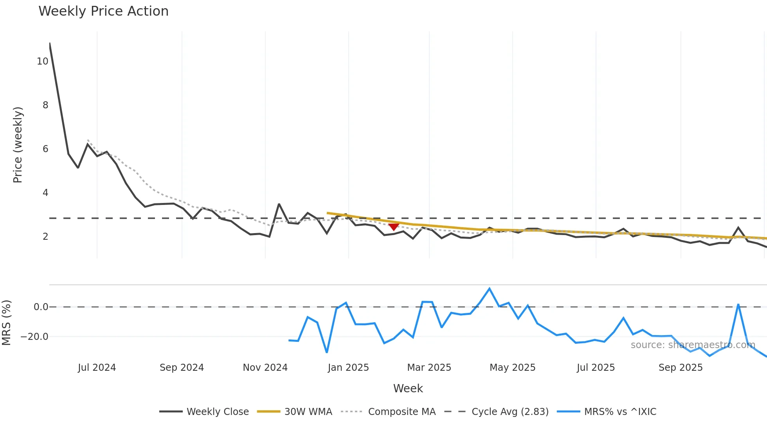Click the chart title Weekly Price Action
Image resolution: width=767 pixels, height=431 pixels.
click(x=103, y=11)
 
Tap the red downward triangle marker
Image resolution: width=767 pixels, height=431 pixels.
click(x=394, y=227)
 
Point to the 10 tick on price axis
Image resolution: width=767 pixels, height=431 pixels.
click(x=42, y=61)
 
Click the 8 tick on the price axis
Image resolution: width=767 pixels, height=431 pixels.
click(x=45, y=105)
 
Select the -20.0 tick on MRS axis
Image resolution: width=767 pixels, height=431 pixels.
click(x=34, y=337)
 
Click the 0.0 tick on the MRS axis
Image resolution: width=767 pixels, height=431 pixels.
click(x=41, y=307)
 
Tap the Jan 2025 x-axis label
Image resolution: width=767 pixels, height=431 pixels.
click(x=348, y=368)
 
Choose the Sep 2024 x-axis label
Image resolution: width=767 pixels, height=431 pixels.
click(x=182, y=368)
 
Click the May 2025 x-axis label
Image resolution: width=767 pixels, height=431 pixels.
click(x=512, y=368)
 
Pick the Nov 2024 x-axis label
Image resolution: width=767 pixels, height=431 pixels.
click(x=265, y=368)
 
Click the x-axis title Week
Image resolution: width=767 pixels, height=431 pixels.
click(x=408, y=388)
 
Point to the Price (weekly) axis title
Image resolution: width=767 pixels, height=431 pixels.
click(x=18, y=145)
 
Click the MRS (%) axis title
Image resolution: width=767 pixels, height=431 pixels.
click(x=6, y=323)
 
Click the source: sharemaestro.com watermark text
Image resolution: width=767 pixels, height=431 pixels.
click(x=693, y=345)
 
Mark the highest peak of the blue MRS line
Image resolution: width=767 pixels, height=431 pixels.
click(x=490, y=289)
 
